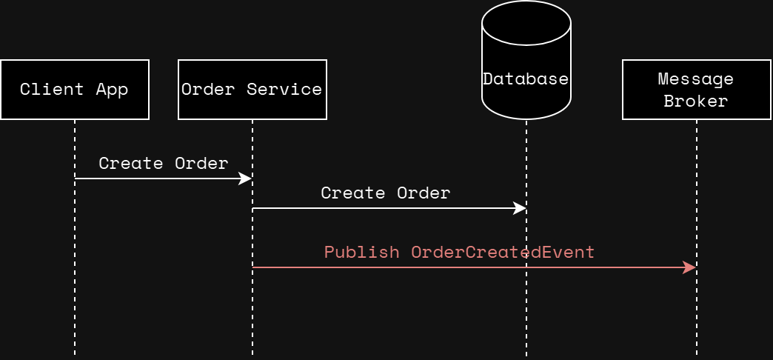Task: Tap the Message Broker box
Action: [x=696, y=90]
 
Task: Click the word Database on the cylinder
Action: [x=526, y=79]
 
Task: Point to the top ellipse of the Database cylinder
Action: [x=526, y=22]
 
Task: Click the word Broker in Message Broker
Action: [x=695, y=101]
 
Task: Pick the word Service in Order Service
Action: [x=284, y=90]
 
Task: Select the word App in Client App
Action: [x=112, y=90]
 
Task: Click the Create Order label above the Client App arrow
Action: [x=163, y=163]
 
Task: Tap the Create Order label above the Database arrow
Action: [x=385, y=193]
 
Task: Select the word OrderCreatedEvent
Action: [x=503, y=252]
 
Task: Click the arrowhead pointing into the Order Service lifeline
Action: [x=246, y=179]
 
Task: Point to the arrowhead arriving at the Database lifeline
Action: [x=520, y=208]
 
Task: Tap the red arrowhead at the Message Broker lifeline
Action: [x=690, y=267]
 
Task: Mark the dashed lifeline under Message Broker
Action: [x=697, y=319]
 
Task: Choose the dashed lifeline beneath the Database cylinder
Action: [x=526, y=319]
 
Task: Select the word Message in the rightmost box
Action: [x=695, y=79]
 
